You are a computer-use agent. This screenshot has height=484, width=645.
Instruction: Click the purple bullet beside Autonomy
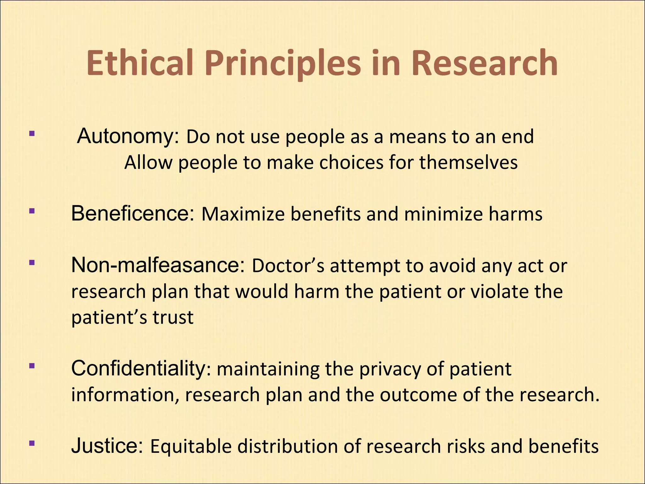pyautogui.click(x=31, y=134)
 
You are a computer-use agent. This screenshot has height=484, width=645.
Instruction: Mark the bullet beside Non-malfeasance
pyautogui.click(x=31, y=262)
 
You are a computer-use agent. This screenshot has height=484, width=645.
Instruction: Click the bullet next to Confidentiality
pyautogui.click(x=31, y=366)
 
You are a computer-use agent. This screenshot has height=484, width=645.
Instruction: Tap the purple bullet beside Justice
pyautogui.click(x=31, y=443)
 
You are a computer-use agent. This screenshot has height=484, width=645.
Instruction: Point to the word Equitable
pyautogui.click(x=191, y=447)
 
